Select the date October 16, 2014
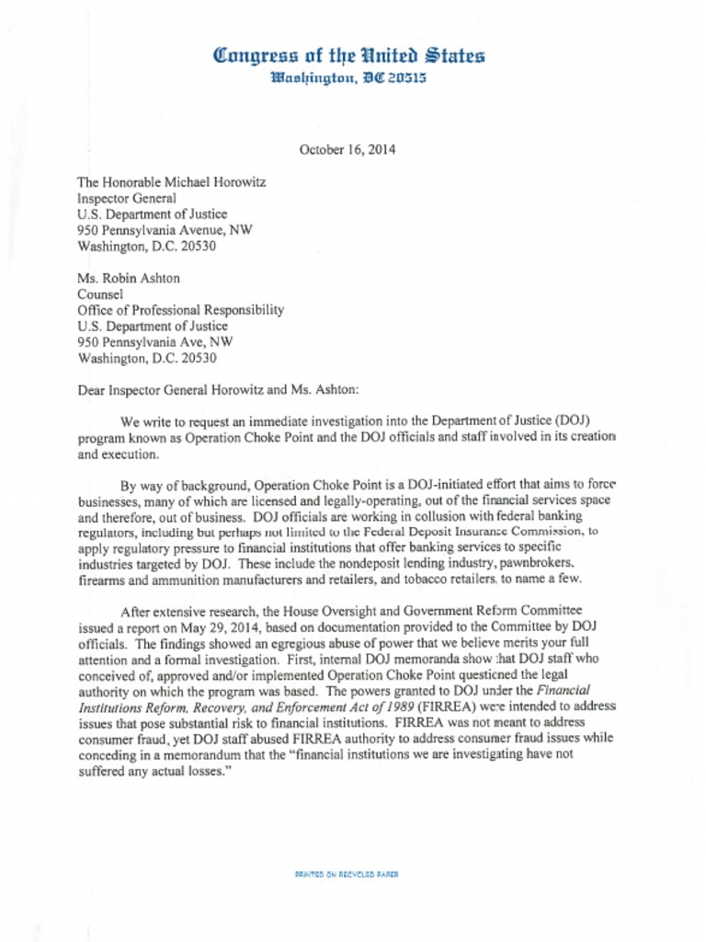[347, 149]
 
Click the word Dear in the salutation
[92, 390]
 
